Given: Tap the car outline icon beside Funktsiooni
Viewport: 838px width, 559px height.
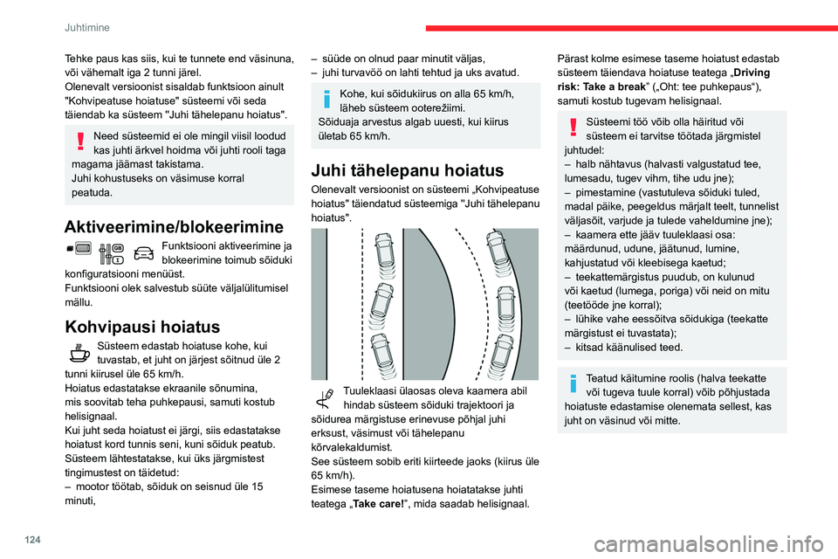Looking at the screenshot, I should (144, 252).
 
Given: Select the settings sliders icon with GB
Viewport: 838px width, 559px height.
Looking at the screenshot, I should (113, 252).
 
